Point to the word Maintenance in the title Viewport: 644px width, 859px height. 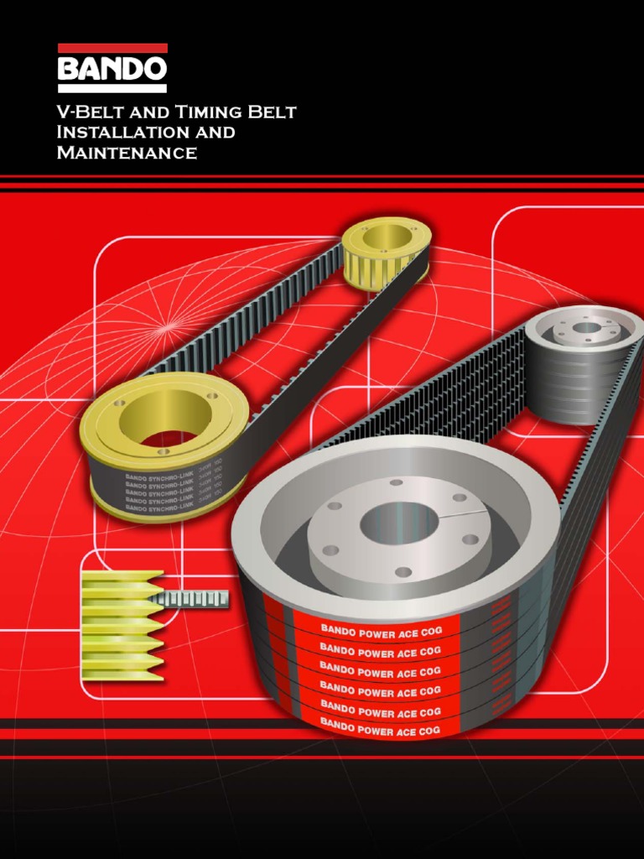(x=127, y=154)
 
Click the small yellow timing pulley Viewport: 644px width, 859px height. (x=387, y=252)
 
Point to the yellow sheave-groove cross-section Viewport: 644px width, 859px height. (x=122, y=625)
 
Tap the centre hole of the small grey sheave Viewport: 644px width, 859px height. (x=587, y=327)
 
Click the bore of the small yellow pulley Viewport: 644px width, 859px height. (x=387, y=237)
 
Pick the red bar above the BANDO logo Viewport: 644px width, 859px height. (x=112, y=48)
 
